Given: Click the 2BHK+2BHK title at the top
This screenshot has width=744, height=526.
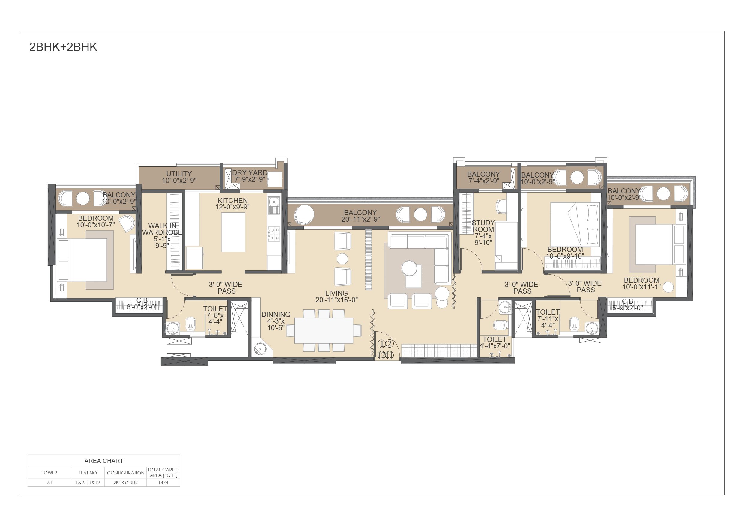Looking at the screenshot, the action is click(x=63, y=47).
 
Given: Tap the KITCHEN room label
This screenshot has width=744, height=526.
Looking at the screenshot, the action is click(x=232, y=201).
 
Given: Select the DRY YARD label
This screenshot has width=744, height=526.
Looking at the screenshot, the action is click(x=249, y=173).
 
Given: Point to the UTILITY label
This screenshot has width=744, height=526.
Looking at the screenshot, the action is click(x=179, y=174).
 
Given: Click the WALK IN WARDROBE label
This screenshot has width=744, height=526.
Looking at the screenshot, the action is click(x=162, y=229).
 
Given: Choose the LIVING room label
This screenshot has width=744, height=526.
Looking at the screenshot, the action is click(x=336, y=293).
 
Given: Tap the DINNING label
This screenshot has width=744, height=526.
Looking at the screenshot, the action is click(x=276, y=314).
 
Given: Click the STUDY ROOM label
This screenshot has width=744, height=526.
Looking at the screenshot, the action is click(x=483, y=226).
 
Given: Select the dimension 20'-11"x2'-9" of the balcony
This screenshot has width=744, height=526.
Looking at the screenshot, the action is click(x=360, y=220).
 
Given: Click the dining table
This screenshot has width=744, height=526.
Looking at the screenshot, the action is click(x=324, y=330).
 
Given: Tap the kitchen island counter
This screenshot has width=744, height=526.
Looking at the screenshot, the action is click(x=233, y=232).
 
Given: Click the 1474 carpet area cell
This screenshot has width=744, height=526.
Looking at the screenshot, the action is click(x=163, y=483).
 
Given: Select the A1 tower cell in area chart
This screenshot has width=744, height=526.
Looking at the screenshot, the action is click(x=49, y=483).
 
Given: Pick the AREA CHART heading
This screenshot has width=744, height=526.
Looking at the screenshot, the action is click(x=104, y=461).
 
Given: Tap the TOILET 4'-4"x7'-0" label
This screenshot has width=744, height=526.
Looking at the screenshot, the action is click(x=495, y=342).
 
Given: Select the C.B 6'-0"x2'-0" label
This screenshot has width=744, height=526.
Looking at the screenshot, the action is click(x=142, y=304).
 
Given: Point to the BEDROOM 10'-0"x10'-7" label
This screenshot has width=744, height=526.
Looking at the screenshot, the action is click(x=96, y=221).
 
